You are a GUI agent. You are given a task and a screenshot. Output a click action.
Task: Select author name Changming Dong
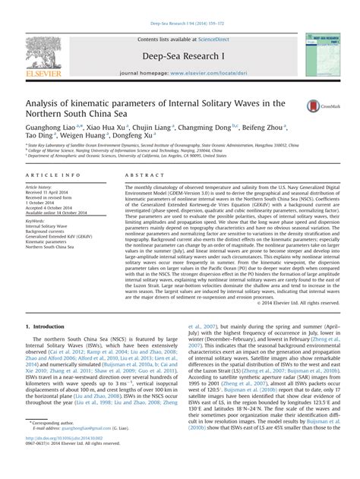199,131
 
